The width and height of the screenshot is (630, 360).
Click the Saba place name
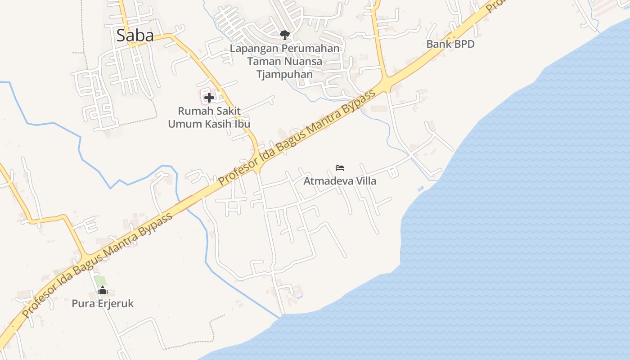(135, 36)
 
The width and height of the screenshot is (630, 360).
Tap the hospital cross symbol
(209, 97)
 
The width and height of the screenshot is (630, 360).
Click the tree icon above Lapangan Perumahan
(284, 34)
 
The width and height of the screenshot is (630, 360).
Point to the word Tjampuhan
(284, 74)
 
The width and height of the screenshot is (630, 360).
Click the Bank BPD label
(450, 44)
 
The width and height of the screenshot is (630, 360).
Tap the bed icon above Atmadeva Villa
(340, 168)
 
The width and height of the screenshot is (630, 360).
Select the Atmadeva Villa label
(340, 181)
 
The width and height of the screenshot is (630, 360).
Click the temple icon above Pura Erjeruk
(103, 291)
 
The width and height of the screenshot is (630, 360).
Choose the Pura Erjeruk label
(103, 304)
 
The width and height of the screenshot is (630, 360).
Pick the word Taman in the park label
(261, 61)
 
